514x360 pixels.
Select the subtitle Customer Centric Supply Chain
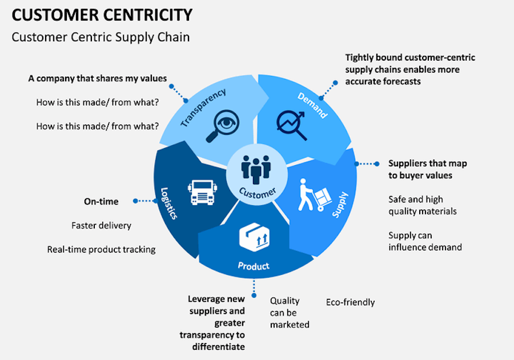coord(101,37)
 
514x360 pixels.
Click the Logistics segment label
coord(169,203)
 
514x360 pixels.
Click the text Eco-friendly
coord(350,302)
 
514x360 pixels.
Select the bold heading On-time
coord(101,201)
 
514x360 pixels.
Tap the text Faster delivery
coord(101,225)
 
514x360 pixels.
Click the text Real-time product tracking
coord(101,249)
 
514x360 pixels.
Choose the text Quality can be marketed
coord(289,313)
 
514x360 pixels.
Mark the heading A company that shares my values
coord(98,79)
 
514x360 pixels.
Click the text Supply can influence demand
coord(425,241)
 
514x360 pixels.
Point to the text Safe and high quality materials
coord(422,205)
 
